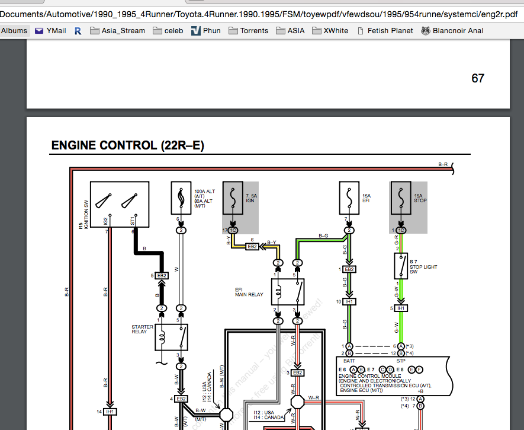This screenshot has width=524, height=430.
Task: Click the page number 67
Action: tap(478, 78)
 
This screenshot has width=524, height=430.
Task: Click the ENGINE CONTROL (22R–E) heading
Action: tap(127, 145)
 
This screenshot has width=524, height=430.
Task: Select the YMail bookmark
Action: tap(50, 30)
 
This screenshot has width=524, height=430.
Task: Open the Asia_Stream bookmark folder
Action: tap(117, 30)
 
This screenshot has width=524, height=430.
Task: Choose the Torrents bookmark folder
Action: tap(248, 30)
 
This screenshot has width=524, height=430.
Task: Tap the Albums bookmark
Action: tap(14, 30)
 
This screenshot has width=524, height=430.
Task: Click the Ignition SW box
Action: tap(119, 203)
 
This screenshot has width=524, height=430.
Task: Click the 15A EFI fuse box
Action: tap(349, 198)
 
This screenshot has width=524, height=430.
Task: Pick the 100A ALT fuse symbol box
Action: tap(181, 198)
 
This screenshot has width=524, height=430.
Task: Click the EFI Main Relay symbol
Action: tap(288, 292)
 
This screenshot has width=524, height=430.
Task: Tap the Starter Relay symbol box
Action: tap(172, 337)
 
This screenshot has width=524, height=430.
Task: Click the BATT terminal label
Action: tap(349, 359)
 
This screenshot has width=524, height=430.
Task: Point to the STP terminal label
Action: tap(401, 359)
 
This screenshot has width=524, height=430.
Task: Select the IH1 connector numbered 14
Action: tap(110, 412)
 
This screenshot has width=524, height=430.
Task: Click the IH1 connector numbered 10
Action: tap(349, 302)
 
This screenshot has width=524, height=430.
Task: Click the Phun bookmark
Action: tap(205, 30)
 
